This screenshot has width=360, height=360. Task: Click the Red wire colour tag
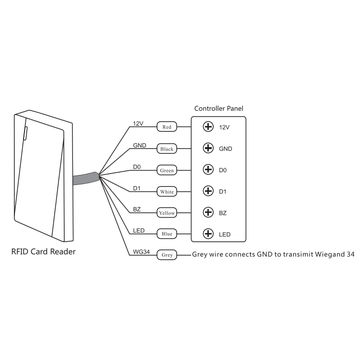(167, 127)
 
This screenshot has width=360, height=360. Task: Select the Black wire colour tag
(167, 149)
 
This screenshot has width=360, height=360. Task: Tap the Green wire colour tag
(167, 170)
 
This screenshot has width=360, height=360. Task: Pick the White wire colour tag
(167, 191)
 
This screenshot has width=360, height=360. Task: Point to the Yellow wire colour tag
(167, 213)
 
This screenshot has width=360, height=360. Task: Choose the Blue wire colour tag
(167, 234)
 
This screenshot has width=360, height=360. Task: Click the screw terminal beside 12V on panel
(208, 127)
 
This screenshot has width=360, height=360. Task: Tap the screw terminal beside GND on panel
(208, 149)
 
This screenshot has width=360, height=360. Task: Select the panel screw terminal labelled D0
(208, 170)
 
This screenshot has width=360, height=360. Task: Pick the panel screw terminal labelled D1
(208, 191)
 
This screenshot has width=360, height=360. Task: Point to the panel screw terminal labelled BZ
(208, 213)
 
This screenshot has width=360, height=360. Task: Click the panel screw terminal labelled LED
(208, 234)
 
